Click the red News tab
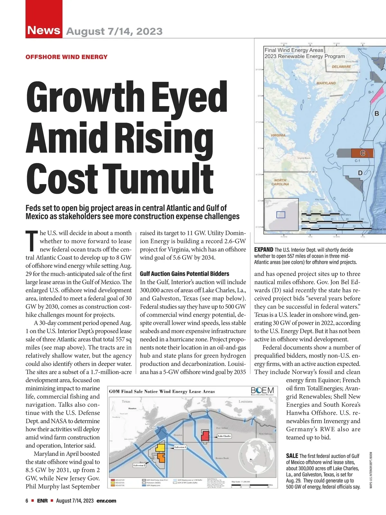[44, 30]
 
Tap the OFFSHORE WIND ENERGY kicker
[67, 57]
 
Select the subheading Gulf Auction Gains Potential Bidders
[185, 274]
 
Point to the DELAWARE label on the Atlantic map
[341, 67]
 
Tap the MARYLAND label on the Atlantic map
[326, 83]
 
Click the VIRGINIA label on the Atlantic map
[278, 135]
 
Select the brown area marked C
[362, 153]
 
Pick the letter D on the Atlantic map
[360, 173]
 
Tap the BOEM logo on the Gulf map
[262, 391]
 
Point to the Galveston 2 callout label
[139, 465]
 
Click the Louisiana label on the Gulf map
[245, 402]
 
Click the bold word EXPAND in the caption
[263, 250]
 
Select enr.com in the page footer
[106, 501]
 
